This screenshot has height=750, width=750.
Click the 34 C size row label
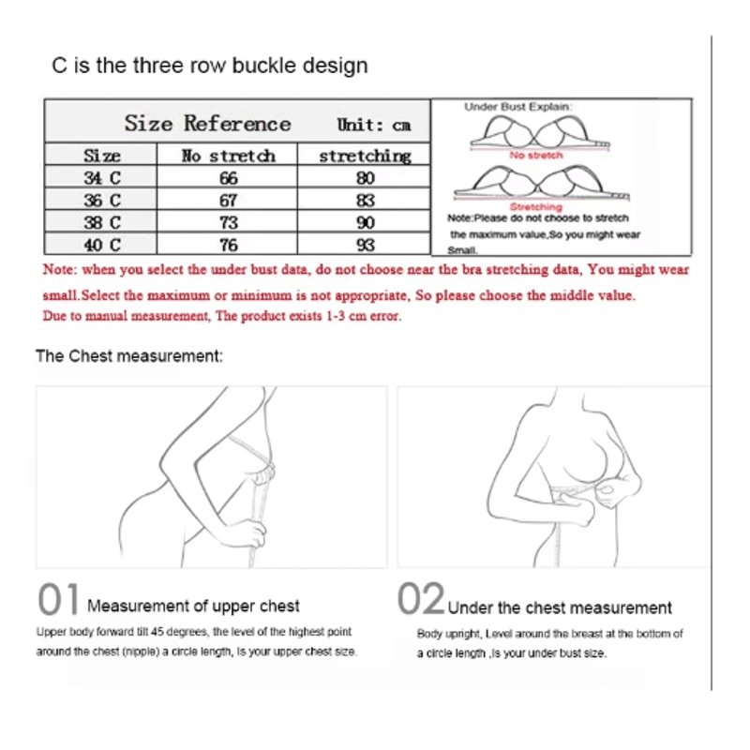[102, 178]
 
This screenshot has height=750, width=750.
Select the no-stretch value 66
[229, 178]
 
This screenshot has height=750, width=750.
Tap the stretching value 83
[365, 201]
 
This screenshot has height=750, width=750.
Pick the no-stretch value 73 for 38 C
[229, 223]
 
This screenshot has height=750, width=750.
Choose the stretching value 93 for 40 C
[365, 246]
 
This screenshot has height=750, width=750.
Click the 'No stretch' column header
[229, 156]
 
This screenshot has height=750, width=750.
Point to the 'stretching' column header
[365, 157]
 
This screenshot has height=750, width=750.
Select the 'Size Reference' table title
[207, 124]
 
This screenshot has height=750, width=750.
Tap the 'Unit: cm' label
[373, 125]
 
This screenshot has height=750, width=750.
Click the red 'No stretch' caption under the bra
[535, 155]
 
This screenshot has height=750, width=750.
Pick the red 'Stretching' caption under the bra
[535, 206]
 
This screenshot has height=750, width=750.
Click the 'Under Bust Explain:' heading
[517, 107]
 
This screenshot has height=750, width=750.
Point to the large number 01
[58, 599]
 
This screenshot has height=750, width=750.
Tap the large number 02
[421, 598]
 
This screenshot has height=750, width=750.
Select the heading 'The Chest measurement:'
[129, 356]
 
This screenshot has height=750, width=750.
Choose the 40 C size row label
[102, 246]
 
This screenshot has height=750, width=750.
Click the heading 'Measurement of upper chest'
[193, 606]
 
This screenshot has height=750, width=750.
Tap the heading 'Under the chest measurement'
[560, 607]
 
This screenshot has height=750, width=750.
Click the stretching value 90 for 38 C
[365, 223]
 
